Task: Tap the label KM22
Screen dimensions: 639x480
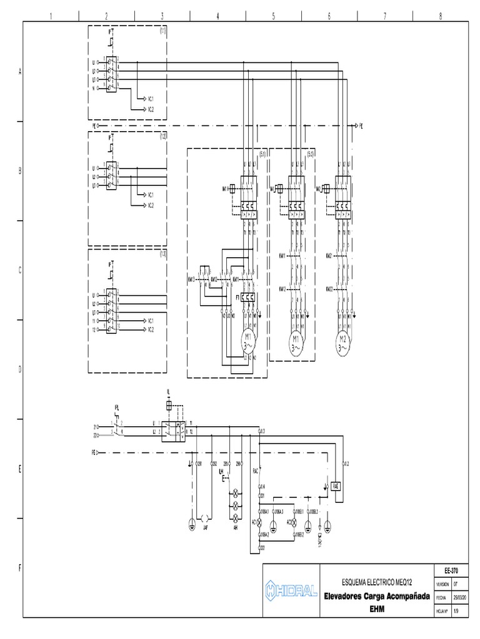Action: click(x=329, y=289)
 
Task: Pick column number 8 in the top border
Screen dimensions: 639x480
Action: click(x=441, y=17)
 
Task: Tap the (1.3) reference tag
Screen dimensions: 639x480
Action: click(x=162, y=254)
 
